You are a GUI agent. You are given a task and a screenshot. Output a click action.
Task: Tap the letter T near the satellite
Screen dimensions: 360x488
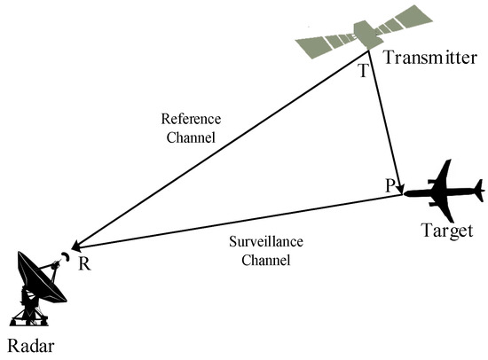tap(361, 71)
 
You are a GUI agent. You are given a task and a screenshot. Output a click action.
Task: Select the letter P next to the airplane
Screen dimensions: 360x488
tap(390, 184)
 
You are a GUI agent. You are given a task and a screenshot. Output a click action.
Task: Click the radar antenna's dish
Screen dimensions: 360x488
tap(37, 270)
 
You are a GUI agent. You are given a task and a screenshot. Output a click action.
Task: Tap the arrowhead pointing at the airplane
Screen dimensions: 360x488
tap(402, 190)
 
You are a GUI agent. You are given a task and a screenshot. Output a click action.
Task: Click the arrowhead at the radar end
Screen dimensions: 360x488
tap(78, 246)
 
